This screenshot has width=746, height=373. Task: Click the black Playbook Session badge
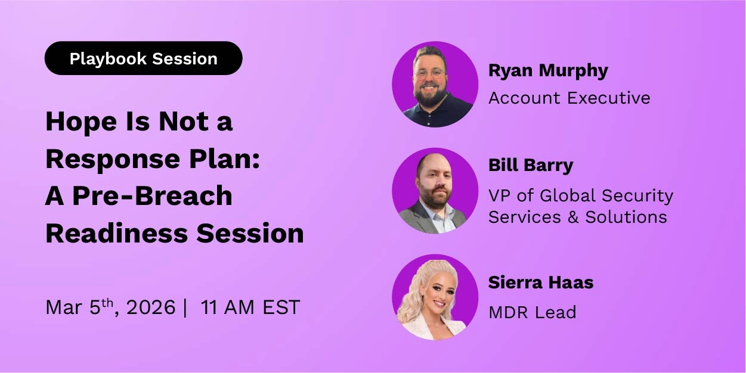point(143,58)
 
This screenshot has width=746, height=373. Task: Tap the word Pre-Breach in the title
point(152,196)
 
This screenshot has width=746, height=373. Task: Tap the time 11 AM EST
point(250,307)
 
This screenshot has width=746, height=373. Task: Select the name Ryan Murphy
point(548,70)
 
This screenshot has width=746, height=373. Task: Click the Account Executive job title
point(569,98)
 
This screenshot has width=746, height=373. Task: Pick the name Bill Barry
point(530,165)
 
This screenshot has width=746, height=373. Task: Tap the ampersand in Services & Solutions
point(573,217)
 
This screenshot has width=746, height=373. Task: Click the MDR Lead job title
point(532,312)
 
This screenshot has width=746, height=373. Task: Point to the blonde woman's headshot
point(435,297)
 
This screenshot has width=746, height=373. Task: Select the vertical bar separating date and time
point(185,307)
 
